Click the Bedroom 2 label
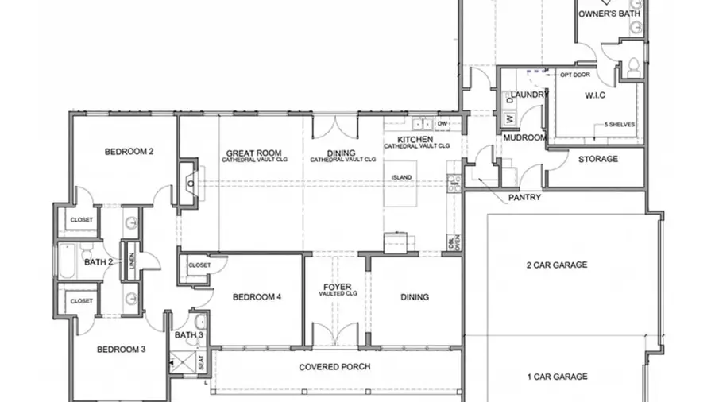click(x=129, y=151)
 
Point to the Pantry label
click(x=525, y=197)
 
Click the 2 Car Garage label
click(x=557, y=265)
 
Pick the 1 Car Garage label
click(x=557, y=377)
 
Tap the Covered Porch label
click(x=334, y=367)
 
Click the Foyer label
click(x=337, y=287)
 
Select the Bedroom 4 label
click(x=257, y=297)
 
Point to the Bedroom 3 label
click(x=121, y=349)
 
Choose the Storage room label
click(x=597, y=159)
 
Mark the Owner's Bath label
click(x=608, y=14)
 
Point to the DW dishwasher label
click(x=443, y=124)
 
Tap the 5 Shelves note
click(x=619, y=125)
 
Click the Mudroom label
click(x=524, y=137)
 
